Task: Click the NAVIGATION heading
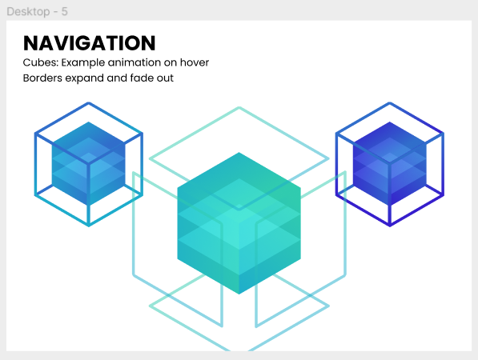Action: tap(90, 43)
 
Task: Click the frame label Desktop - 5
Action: tap(37, 11)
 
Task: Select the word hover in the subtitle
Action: tap(195, 62)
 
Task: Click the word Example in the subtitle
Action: tap(83, 62)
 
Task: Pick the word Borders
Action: tap(42, 78)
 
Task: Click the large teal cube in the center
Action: tap(239, 223)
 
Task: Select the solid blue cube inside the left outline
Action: tap(89, 163)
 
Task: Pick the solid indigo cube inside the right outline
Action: tap(390, 163)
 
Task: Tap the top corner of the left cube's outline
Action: tap(89, 103)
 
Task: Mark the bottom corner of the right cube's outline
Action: tap(390, 226)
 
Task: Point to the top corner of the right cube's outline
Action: tap(390, 103)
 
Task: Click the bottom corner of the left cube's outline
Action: tap(89, 226)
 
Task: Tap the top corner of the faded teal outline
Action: tap(239, 107)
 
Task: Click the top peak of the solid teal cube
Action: tap(239, 153)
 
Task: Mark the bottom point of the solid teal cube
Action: tap(239, 294)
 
